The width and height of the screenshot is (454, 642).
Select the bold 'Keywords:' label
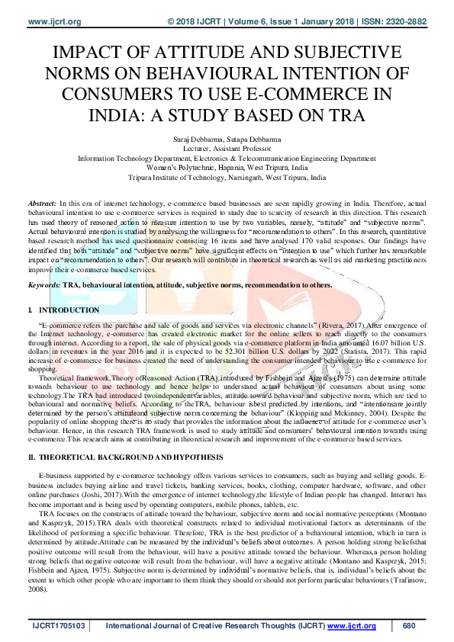pyautogui.click(x=44, y=284)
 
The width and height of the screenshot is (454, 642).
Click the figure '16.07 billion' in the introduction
pyautogui.click(x=389, y=345)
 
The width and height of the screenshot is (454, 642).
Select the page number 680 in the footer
pyautogui.click(x=409, y=627)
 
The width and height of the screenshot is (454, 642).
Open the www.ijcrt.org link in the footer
pyautogui.click(x=352, y=627)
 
